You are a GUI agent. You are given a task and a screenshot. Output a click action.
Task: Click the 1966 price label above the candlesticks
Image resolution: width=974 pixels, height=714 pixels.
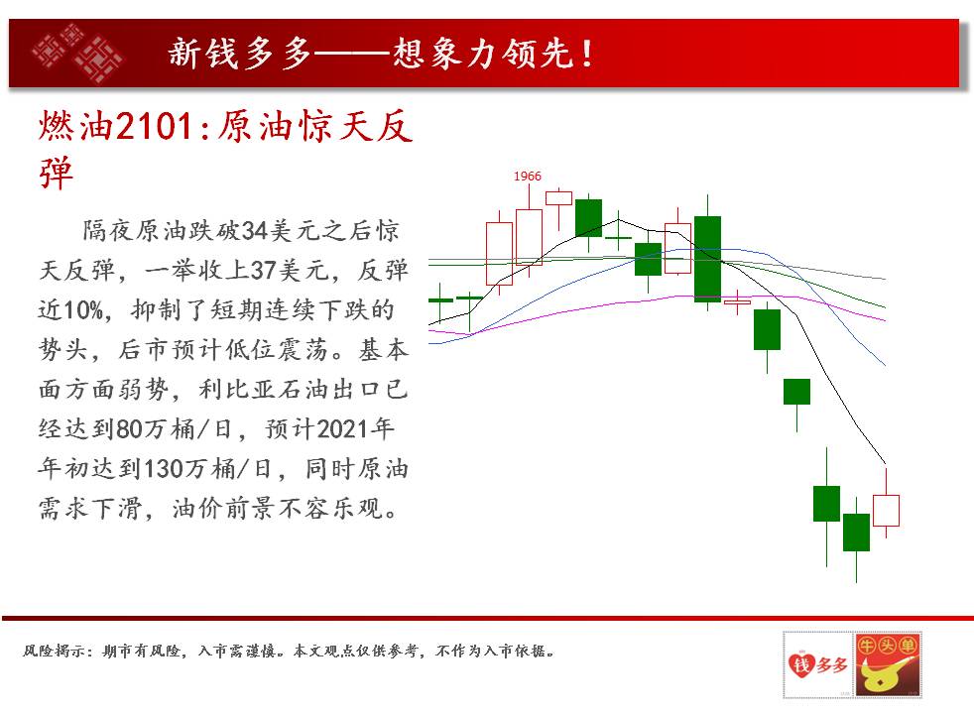point(527,177)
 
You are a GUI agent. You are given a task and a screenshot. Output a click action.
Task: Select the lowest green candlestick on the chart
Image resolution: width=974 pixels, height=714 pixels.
point(856,533)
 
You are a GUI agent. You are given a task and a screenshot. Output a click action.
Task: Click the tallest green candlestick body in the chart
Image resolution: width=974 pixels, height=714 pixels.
point(707,259)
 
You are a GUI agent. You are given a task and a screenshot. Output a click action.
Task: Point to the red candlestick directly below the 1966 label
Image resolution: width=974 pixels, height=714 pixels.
point(530,237)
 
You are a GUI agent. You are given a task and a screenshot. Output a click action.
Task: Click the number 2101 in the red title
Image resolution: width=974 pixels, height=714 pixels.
point(154,127)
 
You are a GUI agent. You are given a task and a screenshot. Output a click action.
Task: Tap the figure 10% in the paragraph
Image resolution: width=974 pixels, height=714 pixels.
point(82,309)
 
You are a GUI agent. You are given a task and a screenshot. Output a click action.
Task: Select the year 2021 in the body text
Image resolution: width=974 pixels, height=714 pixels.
point(341,429)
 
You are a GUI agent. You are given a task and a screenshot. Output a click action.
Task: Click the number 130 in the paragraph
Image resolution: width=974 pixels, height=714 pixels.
point(164,469)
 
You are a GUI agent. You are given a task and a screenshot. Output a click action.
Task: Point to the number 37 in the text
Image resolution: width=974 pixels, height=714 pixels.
point(263,270)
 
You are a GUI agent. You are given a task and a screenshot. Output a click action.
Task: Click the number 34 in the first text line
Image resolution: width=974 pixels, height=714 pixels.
point(254,230)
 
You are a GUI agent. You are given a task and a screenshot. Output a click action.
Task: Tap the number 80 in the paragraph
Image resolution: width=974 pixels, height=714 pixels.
point(129,429)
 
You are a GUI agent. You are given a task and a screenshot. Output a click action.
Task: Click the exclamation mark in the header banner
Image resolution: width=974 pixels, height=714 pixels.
point(587,54)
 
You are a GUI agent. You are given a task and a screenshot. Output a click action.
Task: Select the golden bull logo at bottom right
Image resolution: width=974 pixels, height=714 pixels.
point(887,664)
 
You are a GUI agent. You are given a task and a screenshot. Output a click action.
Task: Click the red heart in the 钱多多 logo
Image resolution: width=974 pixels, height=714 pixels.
point(801,665)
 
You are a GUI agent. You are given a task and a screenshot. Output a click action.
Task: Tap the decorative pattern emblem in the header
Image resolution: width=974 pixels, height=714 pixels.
point(77,53)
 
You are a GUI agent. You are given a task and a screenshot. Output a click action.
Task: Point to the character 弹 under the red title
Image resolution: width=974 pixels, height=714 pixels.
point(56,174)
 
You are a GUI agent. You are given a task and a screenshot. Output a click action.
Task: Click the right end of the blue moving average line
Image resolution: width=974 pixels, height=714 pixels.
point(885,365)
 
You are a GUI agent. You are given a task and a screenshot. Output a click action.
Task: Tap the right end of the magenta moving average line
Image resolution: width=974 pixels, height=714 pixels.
point(885,320)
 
